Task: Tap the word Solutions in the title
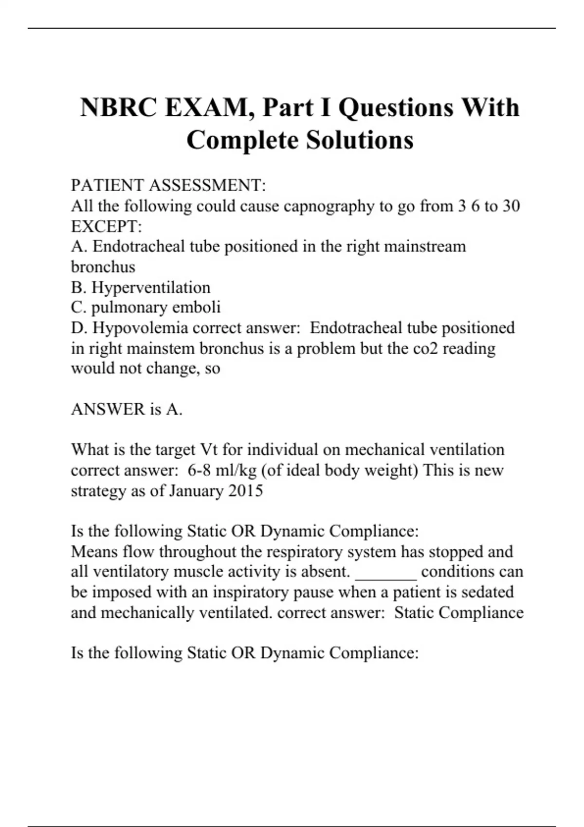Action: [x=360, y=141]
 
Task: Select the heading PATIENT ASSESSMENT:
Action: [x=168, y=185]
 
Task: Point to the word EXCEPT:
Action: [x=107, y=227]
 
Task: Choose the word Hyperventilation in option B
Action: [x=151, y=288]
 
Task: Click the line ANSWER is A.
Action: [x=127, y=409]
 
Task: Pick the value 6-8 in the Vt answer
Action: [x=200, y=470]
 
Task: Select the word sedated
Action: [x=487, y=592]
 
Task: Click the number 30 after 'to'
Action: [x=511, y=206]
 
